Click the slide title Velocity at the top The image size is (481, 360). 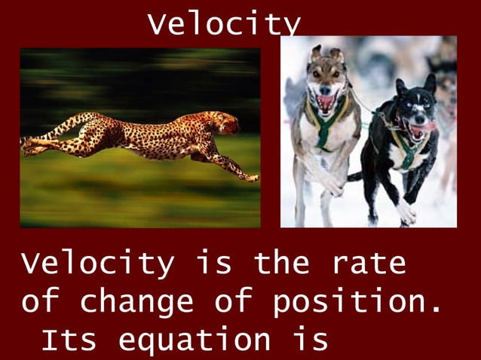[x=224, y=24]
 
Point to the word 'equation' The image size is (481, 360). [x=195, y=341]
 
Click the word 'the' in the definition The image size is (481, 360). [x=281, y=264]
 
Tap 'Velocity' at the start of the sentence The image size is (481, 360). [x=97, y=264]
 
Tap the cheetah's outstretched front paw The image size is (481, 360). [x=250, y=178]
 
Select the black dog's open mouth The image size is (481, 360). [x=417, y=130]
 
